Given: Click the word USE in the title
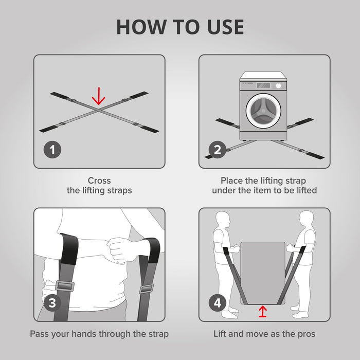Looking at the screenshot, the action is pyautogui.click(x=225, y=27).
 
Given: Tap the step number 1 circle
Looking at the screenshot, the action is pyautogui.click(x=52, y=150).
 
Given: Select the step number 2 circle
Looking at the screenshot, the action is pyautogui.click(x=218, y=150).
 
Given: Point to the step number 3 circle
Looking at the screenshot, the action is pyautogui.click(x=52, y=303).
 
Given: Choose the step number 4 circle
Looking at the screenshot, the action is pyautogui.click(x=218, y=303).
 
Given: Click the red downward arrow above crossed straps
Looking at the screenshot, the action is pyautogui.click(x=99, y=96).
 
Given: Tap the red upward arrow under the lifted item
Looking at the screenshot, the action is pyautogui.click(x=263, y=311).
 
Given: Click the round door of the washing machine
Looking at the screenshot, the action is pyautogui.click(x=263, y=111).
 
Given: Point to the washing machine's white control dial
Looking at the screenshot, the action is pyautogui.click(x=279, y=86).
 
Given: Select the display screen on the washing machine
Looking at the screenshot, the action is pyautogui.click(x=263, y=85).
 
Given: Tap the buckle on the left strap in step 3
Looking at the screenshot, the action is pyautogui.click(x=65, y=286).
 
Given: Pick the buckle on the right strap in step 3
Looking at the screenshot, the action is pyautogui.click(x=146, y=289).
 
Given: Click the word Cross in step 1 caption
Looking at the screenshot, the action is pyautogui.click(x=99, y=181).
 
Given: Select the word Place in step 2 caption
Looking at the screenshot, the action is pyautogui.click(x=232, y=181).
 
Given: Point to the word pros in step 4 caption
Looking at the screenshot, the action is pyautogui.click(x=307, y=334).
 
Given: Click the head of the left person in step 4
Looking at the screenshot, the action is pyautogui.click(x=223, y=219).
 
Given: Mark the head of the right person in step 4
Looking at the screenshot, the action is pyautogui.click(x=306, y=219).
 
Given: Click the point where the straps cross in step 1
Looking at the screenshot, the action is pyautogui.click(x=99, y=110).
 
